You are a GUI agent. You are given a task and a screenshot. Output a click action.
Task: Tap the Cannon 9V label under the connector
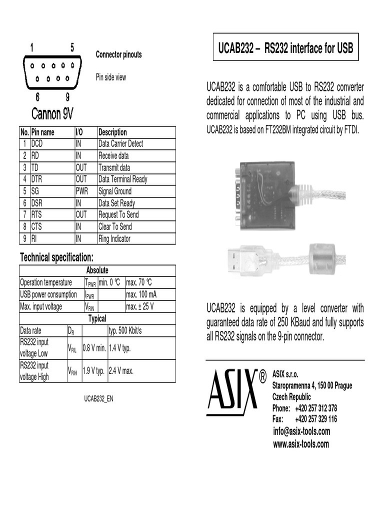[52, 114]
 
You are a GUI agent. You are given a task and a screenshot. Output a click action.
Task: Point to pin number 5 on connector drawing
[72, 47]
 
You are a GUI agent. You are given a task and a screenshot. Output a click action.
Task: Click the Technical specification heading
[56, 257]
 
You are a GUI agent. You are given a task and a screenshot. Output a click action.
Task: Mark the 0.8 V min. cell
[94, 348]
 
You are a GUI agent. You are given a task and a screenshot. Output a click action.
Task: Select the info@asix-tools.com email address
[301, 431]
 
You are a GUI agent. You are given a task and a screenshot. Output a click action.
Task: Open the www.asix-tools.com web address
[300, 443]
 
